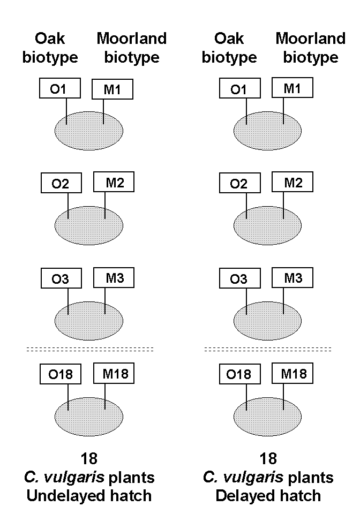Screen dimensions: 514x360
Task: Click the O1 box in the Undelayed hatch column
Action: point(59,88)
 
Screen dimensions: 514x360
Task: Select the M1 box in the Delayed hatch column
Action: point(292,87)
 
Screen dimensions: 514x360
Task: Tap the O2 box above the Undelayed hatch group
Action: point(62,183)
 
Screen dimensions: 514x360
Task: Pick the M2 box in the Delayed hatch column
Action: point(292,182)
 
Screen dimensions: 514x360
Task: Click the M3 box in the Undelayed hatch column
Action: point(114,278)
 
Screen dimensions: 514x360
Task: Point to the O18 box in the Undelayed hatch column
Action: point(62,374)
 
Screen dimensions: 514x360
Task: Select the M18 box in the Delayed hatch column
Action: point(292,373)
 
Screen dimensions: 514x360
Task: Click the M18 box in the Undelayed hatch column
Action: point(114,373)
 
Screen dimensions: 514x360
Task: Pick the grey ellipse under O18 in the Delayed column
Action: point(268,412)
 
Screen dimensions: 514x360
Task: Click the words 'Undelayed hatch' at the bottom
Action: point(89,495)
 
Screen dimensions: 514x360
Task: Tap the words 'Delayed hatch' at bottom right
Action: point(268,495)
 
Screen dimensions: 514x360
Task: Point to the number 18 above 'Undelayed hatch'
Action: point(89,459)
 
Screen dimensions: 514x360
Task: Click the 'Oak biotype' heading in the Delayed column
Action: point(229,48)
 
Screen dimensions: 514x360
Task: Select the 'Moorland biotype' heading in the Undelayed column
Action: point(132,48)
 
